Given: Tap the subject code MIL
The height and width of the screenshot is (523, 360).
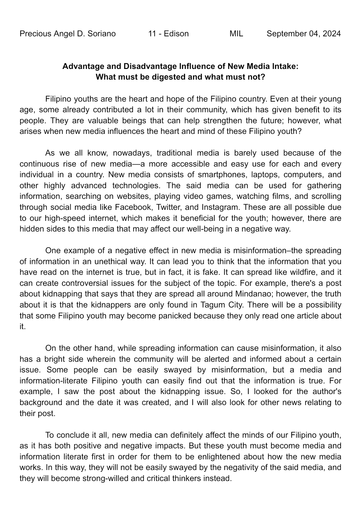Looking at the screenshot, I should click(236, 34).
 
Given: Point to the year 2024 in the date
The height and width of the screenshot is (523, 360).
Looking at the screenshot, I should click(332, 34).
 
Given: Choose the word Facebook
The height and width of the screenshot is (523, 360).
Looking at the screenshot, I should click(133, 207).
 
